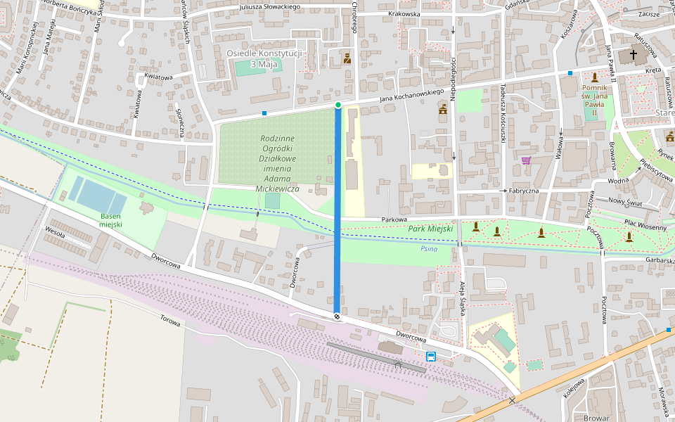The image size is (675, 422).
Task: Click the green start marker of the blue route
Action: tap(338, 105)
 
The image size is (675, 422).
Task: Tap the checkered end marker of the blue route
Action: tap(337, 317)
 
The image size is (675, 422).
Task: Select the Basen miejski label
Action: tap(111, 219)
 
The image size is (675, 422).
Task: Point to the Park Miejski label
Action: tap(430, 229)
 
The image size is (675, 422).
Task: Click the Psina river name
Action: tap(429, 248)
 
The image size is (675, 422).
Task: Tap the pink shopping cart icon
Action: tap(526, 160)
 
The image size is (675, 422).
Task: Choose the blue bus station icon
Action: tap(430, 356)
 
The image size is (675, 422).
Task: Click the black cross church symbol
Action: tap(634, 54)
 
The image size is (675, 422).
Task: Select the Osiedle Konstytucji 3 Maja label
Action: tap(264, 58)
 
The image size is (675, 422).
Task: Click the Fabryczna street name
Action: tap(523, 191)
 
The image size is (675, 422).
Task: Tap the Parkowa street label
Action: tap(394, 219)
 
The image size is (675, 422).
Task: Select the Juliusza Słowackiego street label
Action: tap(269, 7)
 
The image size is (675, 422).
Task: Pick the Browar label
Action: tap(596, 417)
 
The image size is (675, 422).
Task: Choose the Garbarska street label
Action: tap(658, 260)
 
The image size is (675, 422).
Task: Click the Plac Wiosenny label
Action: tap(645, 226)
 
